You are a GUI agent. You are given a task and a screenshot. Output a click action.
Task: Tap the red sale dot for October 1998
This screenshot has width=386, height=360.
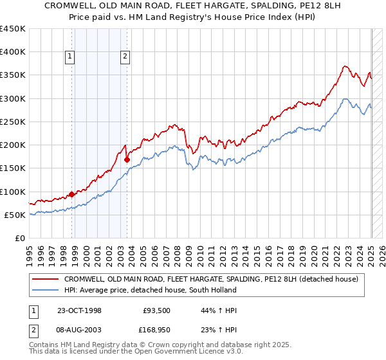coord(72,194)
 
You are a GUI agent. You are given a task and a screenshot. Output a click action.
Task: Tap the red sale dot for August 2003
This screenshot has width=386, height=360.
coord(127,159)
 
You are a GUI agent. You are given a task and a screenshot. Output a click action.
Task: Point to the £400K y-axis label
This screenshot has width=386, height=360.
coord(13,52)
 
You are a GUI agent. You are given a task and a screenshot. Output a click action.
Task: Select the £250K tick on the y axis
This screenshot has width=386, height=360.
coord(13,122)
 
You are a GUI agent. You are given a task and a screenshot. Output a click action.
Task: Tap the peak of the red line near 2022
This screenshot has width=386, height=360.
coord(345,66)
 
